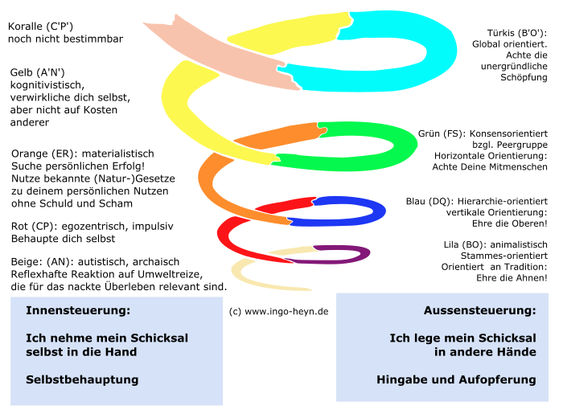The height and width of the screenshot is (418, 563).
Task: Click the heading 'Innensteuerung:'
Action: [78, 310]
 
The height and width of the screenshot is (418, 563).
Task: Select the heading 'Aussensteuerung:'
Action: [479, 310]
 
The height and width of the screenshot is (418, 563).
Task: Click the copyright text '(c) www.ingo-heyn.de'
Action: [278, 310]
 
